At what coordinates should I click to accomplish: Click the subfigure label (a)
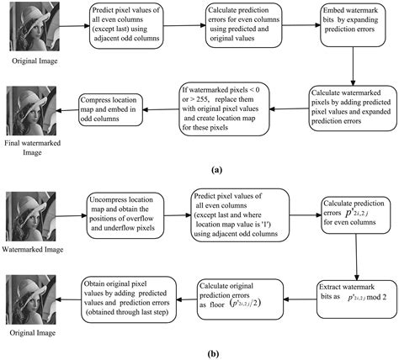point(199,168)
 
